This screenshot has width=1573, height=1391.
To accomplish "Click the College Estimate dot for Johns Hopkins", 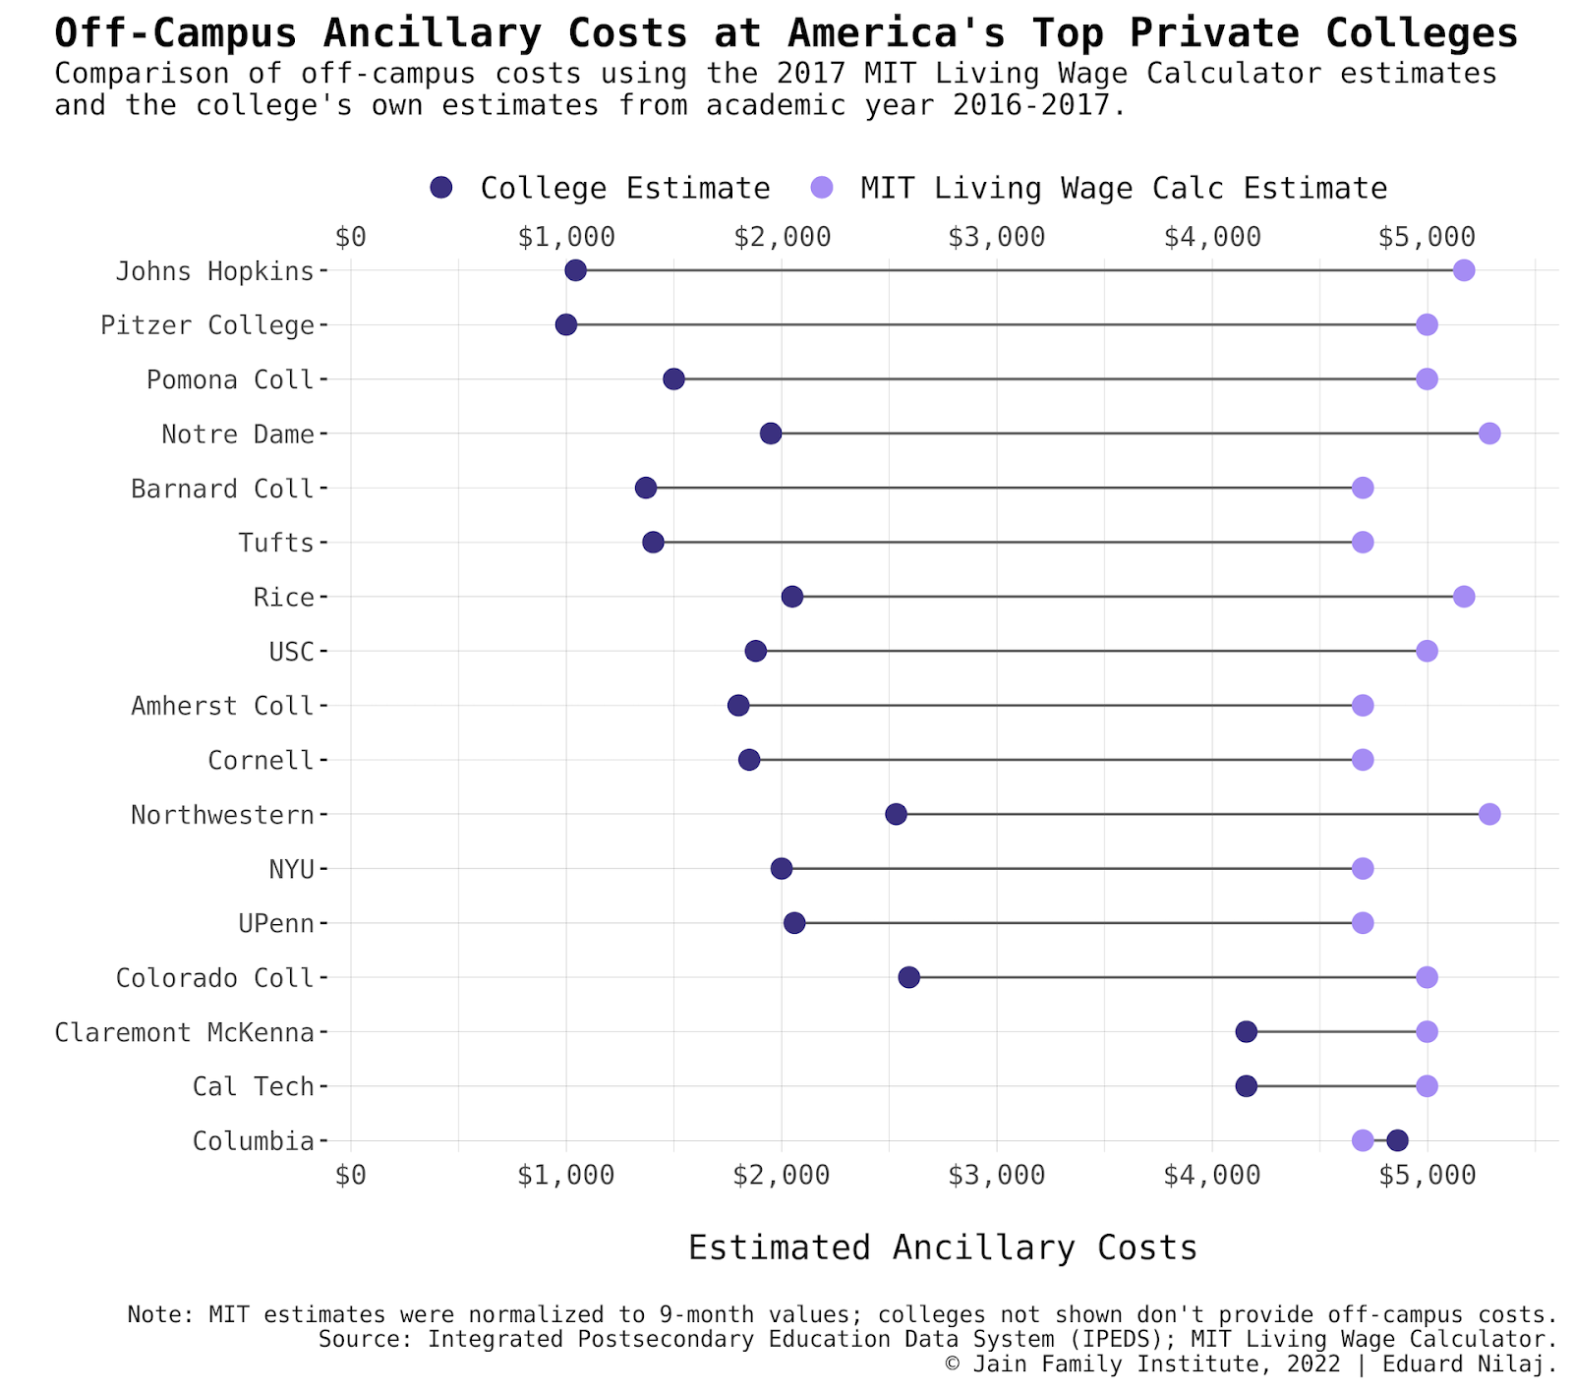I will (576, 270).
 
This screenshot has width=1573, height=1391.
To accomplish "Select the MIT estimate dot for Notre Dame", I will (1489, 434).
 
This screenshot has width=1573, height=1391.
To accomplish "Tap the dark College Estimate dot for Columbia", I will (1397, 1140).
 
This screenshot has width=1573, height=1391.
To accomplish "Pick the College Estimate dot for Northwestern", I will (896, 814).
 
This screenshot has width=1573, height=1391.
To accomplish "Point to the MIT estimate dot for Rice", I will (1464, 597).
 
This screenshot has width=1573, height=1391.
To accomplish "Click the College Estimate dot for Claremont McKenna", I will (1246, 1031).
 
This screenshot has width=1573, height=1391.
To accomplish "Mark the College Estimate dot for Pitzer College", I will (566, 324).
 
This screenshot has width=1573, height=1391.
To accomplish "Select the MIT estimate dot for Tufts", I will (1363, 542).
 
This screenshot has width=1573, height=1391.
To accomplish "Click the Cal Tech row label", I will (253, 1086).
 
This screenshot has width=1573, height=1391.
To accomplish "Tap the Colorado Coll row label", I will (214, 978).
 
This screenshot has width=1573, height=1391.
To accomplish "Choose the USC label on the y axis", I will (291, 652).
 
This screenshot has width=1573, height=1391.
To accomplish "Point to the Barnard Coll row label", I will (222, 489).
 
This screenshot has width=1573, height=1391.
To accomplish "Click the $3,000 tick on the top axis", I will (997, 237).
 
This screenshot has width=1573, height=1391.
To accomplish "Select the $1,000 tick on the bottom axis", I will (566, 1175).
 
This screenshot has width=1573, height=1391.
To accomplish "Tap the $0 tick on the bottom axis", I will (351, 1175).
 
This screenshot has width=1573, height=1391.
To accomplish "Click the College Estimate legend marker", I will (441, 188).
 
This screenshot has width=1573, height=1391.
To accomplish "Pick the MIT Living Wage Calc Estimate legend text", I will (1123, 188).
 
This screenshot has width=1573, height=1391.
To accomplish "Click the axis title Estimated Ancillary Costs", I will (942, 1247).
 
